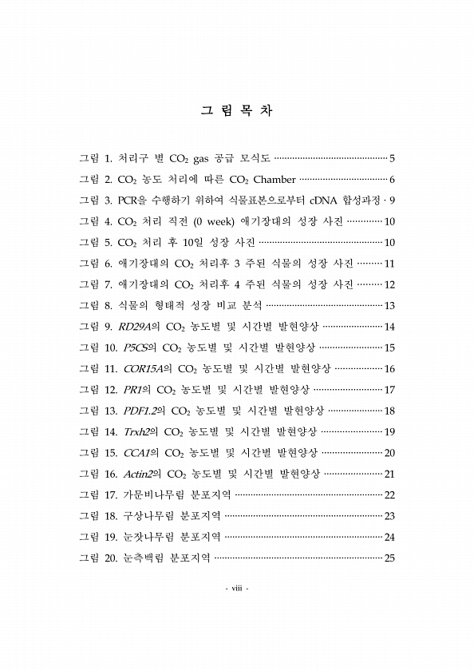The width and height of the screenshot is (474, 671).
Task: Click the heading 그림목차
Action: click(236, 112)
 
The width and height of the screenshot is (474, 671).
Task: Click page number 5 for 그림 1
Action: click(393, 157)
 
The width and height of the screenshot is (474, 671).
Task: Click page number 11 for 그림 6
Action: click(390, 264)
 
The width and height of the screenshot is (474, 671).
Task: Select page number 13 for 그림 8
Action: click(390, 306)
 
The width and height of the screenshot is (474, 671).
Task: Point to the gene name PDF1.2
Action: click(140, 411)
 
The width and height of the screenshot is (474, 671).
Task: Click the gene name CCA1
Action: click(136, 453)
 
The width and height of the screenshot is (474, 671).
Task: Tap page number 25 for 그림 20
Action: click(390, 558)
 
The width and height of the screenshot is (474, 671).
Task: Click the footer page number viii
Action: click(236, 590)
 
